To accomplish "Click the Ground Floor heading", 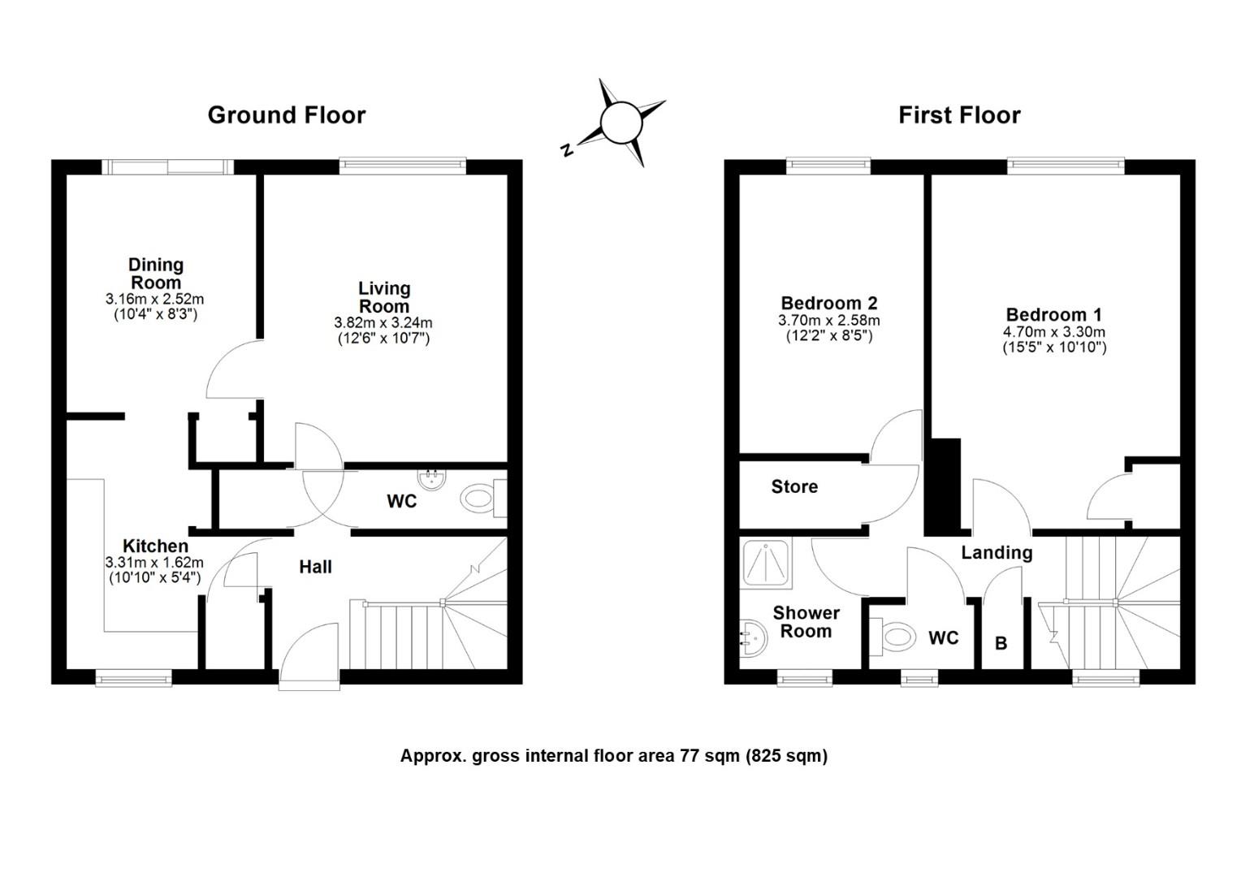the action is point(287,115).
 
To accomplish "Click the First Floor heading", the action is point(959,115).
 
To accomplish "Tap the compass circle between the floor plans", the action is point(621,123).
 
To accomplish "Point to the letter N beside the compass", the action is point(567,149).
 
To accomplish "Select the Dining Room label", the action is point(156,273).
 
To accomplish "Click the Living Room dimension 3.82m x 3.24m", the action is point(383,322).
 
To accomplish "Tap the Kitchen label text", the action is point(156,546).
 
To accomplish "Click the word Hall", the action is point(316,567).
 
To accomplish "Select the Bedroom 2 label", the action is point(829,303).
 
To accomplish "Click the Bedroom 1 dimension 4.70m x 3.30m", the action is point(1054,332).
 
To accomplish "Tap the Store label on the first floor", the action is point(794,486).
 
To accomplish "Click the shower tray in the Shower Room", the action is point(768,563).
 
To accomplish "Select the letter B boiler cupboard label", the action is point(1001,643).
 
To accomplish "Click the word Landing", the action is point(997,552).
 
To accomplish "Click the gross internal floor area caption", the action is point(614,756).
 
